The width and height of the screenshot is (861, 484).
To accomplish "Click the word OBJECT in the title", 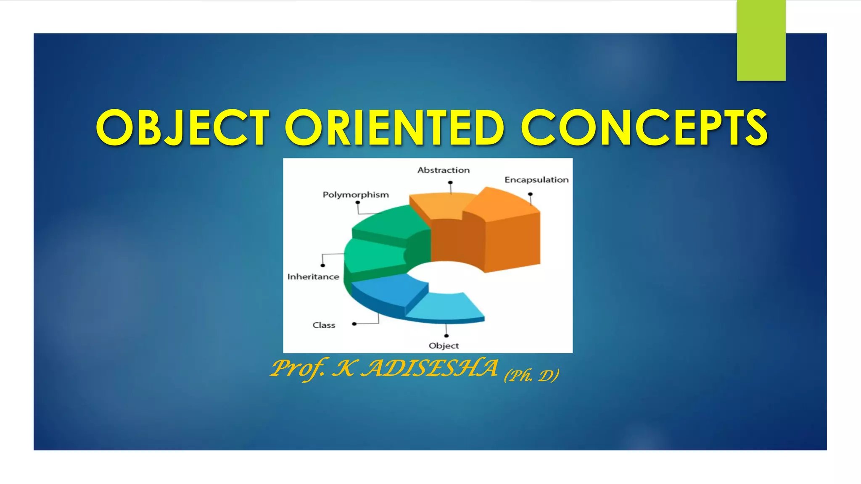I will (182, 128).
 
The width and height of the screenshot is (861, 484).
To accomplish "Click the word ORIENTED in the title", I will (394, 128).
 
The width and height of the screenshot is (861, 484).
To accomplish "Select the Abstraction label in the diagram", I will (444, 170).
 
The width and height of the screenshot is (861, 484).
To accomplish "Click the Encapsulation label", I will (536, 180).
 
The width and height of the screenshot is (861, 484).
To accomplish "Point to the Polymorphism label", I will (356, 195).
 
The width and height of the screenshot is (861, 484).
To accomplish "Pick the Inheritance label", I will (313, 277).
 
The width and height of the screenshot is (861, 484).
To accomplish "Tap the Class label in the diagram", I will (324, 325).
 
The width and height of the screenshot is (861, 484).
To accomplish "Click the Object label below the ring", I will (444, 346).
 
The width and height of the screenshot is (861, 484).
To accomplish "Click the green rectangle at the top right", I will (761, 40).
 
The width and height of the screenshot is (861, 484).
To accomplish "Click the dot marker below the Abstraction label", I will (450, 183).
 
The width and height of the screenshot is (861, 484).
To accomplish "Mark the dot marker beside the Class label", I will (354, 324).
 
